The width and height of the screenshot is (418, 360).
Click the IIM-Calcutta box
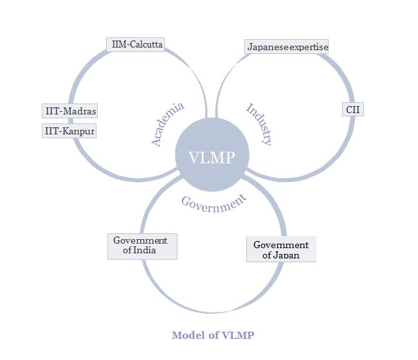click(135, 44)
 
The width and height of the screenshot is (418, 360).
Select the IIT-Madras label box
click(70, 111)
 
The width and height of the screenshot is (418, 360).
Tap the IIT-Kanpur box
click(69, 131)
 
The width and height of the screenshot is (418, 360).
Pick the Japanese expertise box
click(287, 47)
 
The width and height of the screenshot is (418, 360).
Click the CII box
click(353, 109)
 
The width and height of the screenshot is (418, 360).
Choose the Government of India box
click(141, 246)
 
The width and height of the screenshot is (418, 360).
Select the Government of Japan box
click(281, 249)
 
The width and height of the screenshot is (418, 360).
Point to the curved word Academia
click(167, 124)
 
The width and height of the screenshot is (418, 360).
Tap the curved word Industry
click(259, 123)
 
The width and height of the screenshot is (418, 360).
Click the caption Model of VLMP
click(213, 335)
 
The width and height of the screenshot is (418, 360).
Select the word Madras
click(79, 111)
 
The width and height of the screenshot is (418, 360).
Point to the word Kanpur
click(78, 131)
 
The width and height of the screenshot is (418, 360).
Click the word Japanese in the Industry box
click(269, 47)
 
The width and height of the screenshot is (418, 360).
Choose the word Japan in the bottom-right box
click(287, 255)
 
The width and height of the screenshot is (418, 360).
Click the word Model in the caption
click(186, 335)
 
